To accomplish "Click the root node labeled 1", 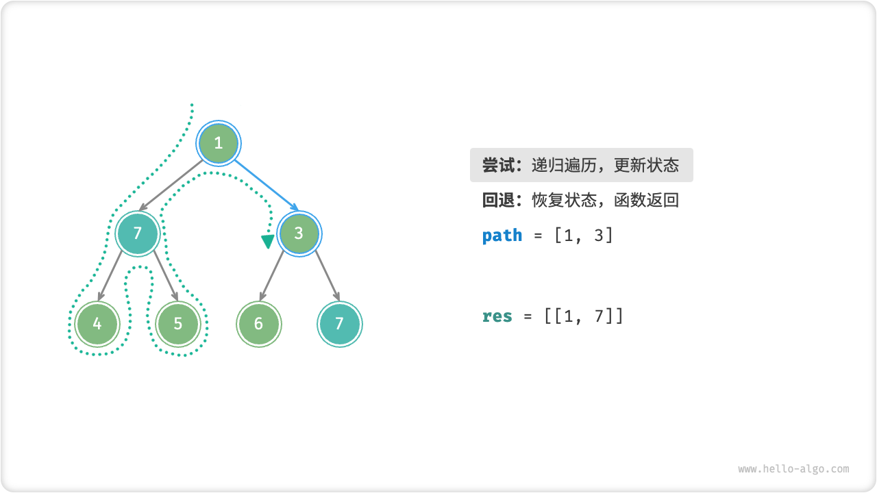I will [x=219, y=143].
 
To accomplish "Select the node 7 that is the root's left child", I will [x=138, y=233].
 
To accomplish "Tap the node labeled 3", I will [x=299, y=233].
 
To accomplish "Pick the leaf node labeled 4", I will [x=97, y=323].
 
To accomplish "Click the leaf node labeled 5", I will [x=178, y=323].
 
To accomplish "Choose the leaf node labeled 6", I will [x=258, y=323].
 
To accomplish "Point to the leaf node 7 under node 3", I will [x=339, y=323].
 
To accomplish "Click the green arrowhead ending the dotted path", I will [x=267, y=242].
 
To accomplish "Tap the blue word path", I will [x=502, y=236].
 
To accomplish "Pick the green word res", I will [x=497, y=316].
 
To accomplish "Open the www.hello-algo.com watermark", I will [x=793, y=469].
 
